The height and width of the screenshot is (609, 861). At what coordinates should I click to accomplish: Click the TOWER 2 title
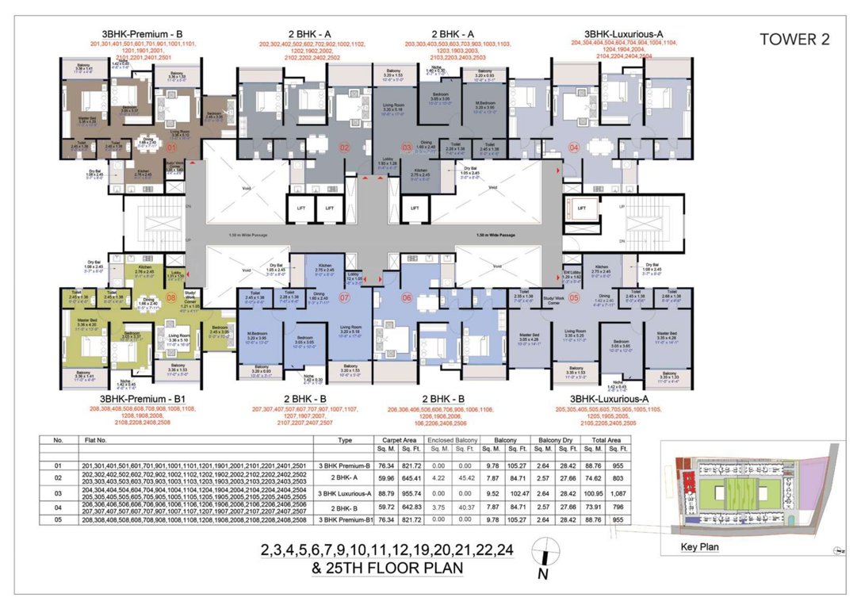pos(794,40)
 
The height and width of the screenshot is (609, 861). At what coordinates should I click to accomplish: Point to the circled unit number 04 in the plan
pos(573,147)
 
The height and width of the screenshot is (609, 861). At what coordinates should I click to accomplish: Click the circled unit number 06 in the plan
pos(408,298)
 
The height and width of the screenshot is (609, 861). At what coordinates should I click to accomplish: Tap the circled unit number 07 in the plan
pos(345,298)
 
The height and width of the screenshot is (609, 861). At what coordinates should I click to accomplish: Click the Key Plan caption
pos(700,547)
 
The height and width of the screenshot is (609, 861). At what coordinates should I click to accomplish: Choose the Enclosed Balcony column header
pos(450,439)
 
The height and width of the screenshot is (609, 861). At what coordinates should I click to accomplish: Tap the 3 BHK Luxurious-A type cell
pos(344,492)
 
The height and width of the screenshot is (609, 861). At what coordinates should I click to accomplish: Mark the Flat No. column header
pos(89,439)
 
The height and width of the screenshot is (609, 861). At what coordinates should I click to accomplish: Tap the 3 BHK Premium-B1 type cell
pos(344,520)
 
